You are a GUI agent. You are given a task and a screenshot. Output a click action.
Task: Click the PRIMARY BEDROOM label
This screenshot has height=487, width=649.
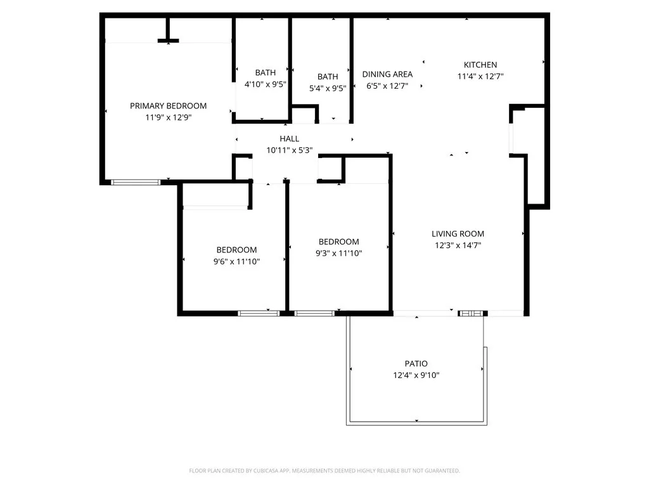tap(168, 106)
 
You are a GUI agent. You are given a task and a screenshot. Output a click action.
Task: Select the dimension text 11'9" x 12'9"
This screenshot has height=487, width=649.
tap(168, 117)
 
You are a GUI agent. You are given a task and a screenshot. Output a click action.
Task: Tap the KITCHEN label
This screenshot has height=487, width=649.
tap(480, 65)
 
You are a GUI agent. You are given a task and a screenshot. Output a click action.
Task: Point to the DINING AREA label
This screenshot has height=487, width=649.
tap(387, 74)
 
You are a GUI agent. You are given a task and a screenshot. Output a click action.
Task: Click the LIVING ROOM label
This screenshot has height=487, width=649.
tap(458, 233)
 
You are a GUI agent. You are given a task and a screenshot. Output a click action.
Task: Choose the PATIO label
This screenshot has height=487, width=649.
tap(416, 363)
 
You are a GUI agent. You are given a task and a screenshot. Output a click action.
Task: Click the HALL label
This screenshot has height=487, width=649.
tap(289, 139)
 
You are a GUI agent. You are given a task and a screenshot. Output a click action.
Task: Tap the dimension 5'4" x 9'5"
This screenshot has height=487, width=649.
tap(328, 88)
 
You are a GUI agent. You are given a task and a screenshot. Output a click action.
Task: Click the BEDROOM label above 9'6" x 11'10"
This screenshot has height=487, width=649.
tap(236, 250)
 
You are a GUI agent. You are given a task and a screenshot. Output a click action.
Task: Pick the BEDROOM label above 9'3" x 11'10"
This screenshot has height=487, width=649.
tap(338, 242)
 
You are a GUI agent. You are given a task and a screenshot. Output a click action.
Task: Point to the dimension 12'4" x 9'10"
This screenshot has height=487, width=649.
tap(416, 375)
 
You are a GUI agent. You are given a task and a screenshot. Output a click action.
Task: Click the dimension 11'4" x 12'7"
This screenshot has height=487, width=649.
tap(480, 76)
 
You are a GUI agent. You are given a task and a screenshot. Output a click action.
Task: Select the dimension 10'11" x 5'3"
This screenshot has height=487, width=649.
tap(289, 150)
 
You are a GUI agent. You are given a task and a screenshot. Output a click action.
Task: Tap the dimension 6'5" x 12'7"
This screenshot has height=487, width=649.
tap(387, 86)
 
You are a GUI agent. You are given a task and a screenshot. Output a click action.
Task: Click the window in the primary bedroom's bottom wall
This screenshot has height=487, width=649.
tap(136, 183)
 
